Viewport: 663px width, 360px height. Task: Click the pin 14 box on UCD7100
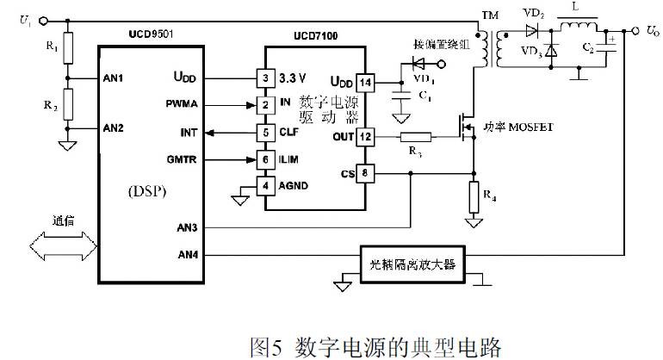point(365,83)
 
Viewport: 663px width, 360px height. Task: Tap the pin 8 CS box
point(365,174)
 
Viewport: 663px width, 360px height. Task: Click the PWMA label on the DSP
point(183,104)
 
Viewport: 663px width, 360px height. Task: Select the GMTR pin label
point(183,158)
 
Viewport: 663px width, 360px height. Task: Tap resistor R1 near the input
point(68,47)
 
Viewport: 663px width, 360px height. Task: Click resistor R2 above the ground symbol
point(68,102)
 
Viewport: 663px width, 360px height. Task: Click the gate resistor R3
point(416,137)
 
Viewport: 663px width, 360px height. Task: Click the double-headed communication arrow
point(61,248)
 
